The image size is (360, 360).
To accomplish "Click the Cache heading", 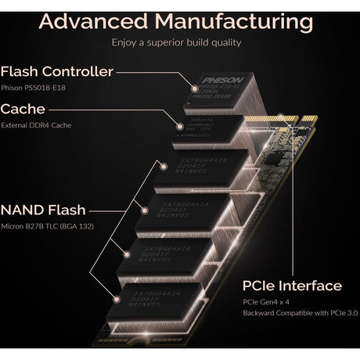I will click(x=23, y=110).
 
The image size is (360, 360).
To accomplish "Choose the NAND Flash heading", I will click(x=44, y=210).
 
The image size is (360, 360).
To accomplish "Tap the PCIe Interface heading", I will click(x=290, y=286).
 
